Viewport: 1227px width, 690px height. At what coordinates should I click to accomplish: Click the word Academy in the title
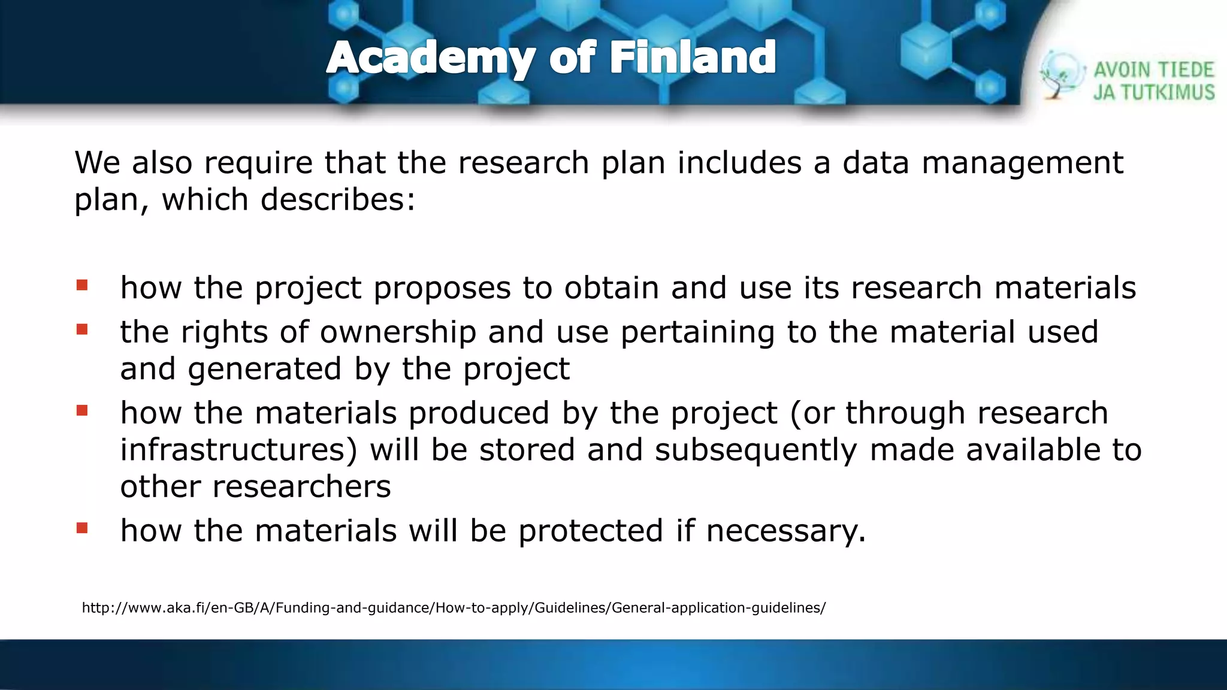tap(430, 58)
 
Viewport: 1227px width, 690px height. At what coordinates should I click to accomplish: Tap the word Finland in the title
tap(693, 58)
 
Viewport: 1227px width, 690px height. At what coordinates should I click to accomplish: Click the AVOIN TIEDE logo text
tap(1153, 70)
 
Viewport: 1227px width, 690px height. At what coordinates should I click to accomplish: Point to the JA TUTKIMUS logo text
tap(1153, 92)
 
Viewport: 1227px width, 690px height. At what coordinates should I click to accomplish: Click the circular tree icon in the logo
tap(1062, 75)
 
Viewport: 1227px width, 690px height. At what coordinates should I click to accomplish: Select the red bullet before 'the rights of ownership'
tap(82, 329)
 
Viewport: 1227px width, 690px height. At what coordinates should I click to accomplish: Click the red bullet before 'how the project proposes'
tap(82, 285)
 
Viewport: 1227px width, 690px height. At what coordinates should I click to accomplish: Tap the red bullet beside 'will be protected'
tap(82, 528)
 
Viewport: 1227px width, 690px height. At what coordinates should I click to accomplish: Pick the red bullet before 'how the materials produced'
tap(82, 411)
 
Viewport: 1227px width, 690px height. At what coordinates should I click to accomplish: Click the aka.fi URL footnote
tap(454, 608)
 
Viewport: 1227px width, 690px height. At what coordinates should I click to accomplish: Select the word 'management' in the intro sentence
tap(1022, 163)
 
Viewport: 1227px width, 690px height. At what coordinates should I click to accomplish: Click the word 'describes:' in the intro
tap(338, 199)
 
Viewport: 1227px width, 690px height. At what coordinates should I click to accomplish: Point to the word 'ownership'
tap(398, 332)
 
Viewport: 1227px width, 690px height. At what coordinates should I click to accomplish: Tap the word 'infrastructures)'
tap(238, 450)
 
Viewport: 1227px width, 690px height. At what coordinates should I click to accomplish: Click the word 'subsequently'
tap(755, 451)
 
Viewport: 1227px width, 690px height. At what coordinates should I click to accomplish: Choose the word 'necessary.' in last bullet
tap(786, 531)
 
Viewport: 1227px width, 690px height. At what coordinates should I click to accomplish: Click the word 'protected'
tap(591, 531)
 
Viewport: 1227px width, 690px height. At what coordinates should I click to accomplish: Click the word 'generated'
tap(264, 369)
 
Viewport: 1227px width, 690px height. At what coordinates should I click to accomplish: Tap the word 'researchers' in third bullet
tap(301, 486)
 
